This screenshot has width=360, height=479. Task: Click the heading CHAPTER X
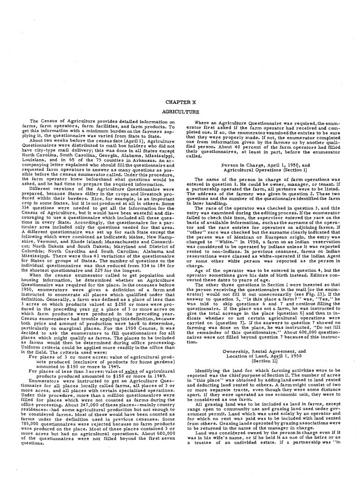[x=180, y=102]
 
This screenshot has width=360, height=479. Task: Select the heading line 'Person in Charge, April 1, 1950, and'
[x=266, y=165]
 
